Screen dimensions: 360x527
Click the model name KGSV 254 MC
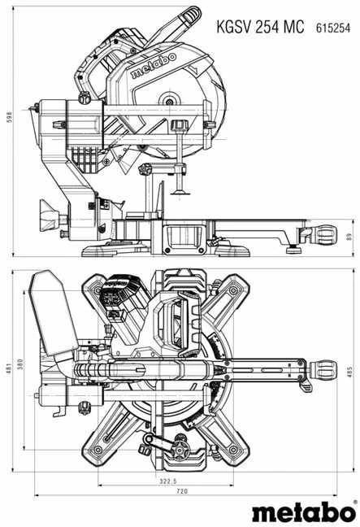pyautogui.click(x=260, y=27)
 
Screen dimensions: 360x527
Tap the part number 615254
pyautogui.click(x=333, y=28)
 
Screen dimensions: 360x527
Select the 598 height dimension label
pyautogui.click(x=10, y=117)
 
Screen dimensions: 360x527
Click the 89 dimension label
pyautogui.click(x=349, y=237)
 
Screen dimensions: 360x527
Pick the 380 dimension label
pyautogui.click(x=20, y=364)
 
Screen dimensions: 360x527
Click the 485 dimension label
pyautogui.click(x=349, y=372)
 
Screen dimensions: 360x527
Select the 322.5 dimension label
pyautogui.click(x=168, y=481)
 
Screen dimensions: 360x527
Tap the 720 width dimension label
pyautogui.click(x=182, y=491)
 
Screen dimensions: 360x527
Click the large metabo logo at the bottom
pyautogui.click(x=304, y=512)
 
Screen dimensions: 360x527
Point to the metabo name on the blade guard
pyautogui.click(x=154, y=65)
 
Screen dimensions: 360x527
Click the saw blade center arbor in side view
pyautogui.click(x=170, y=102)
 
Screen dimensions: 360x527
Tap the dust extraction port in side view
pyautogui.click(x=50, y=216)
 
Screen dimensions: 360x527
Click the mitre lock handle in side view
pyautogui.click(x=323, y=235)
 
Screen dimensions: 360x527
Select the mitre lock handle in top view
pyautogui.click(x=323, y=369)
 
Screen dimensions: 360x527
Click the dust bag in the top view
pyautogui.click(x=53, y=312)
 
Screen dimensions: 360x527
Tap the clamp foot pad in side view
pyautogui.click(x=181, y=193)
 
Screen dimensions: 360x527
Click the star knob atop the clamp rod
pyautogui.click(x=178, y=126)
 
